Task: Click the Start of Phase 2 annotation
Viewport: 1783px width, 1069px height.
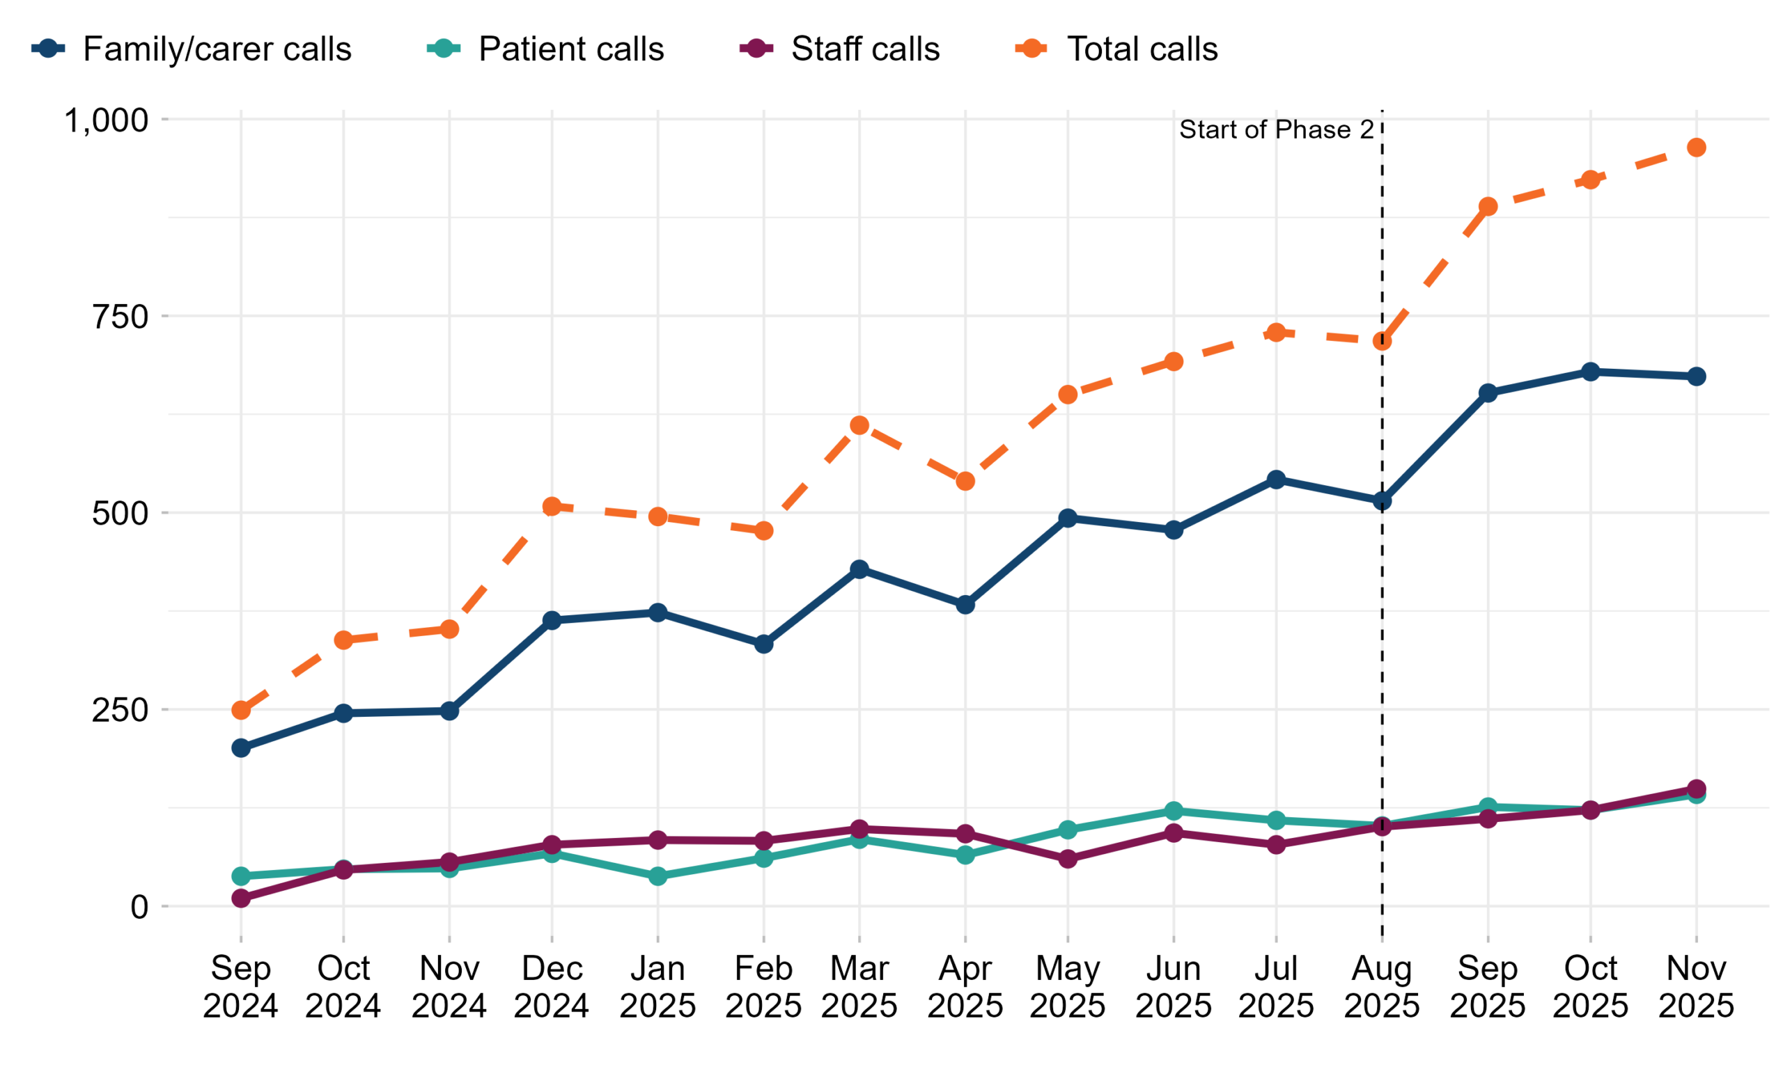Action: point(1276,129)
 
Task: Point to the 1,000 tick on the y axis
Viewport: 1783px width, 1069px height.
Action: point(107,120)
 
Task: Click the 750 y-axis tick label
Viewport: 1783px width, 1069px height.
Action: point(120,316)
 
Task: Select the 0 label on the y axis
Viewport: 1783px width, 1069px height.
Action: point(139,906)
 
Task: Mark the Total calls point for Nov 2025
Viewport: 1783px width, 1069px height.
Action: point(1697,148)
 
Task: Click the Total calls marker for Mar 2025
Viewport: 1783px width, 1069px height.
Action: point(859,425)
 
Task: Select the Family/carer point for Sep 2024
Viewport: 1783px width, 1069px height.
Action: point(241,747)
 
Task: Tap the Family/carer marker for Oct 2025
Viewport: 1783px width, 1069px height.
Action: point(1591,372)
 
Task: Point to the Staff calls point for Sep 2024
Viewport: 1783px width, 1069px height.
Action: point(241,898)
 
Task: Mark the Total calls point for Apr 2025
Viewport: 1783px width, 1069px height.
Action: point(965,481)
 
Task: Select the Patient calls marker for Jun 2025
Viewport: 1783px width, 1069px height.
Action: point(1174,810)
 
